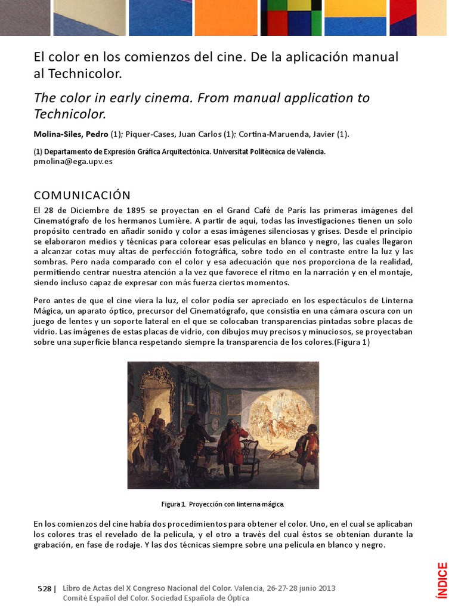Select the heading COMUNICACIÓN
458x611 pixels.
click(82, 196)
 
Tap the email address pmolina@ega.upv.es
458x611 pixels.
click(73, 161)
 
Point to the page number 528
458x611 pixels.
click(44, 588)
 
